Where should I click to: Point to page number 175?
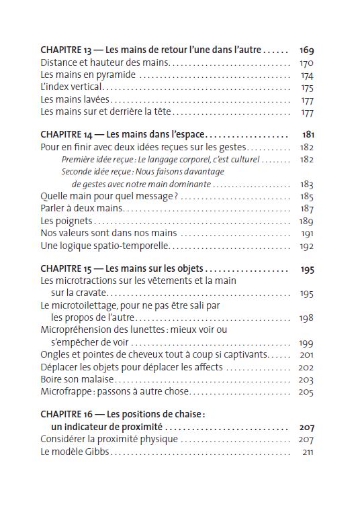[x=307, y=87]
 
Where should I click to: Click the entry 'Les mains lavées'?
[x=75, y=99]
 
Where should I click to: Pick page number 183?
[x=307, y=184]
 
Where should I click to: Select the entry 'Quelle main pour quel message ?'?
[x=108, y=197]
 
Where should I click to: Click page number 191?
[x=307, y=233]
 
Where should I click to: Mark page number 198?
[x=307, y=317]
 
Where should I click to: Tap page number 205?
[x=307, y=391]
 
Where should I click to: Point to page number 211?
[x=308, y=452]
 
